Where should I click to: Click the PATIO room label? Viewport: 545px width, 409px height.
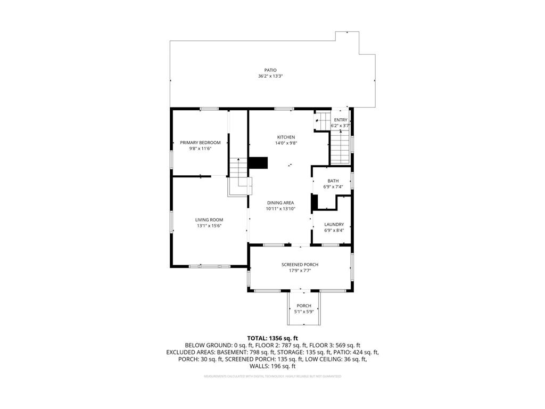point(270,70)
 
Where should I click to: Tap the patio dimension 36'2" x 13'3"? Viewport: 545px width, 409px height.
point(270,76)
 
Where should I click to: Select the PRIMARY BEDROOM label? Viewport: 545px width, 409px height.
point(200,143)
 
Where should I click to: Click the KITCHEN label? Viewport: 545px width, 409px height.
point(285,137)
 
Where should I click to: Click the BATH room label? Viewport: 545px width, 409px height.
point(333,181)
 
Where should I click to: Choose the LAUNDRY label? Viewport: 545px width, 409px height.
point(334,225)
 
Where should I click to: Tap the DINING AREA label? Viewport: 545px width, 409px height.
point(280,203)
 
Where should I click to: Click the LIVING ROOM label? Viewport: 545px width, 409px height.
point(209,220)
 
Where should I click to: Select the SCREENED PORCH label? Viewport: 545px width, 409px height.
point(300,265)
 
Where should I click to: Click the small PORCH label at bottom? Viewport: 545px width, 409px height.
point(304,306)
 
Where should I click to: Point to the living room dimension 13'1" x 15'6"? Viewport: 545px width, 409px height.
point(209,226)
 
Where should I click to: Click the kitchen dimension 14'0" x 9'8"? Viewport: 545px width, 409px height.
point(285,143)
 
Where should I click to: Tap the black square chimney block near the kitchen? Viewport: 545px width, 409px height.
point(259,163)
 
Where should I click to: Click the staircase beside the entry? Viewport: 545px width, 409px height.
point(340,147)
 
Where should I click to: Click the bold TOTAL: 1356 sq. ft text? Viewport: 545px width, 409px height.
point(272,338)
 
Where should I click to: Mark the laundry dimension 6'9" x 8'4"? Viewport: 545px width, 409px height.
point(334,231)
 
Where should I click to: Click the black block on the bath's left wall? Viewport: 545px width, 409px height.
point(314,202)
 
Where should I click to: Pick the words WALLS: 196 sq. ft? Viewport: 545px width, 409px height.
point(272,366)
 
